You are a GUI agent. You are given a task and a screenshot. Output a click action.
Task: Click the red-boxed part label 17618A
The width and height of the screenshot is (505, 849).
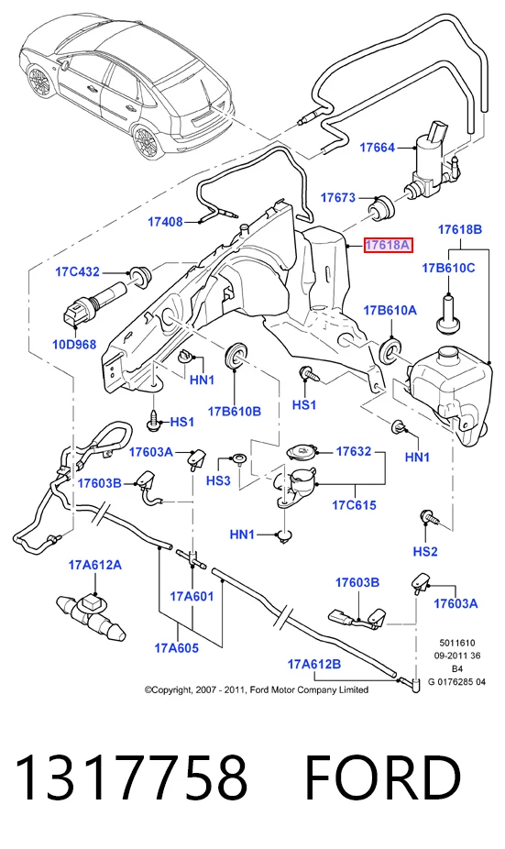pyautogui.click(x=388, y=246)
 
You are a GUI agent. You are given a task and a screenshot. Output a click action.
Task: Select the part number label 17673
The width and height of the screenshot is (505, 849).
pyautogui.click(x=338, y=198)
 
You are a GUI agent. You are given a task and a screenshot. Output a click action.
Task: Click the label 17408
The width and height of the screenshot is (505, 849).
pyautogui.click(x=165, y=222)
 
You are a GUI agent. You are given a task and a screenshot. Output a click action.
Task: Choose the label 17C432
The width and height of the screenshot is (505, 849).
pyautogui.click(x=77, y=271)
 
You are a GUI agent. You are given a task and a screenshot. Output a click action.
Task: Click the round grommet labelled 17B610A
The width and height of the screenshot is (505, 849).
pyautogui.click(x=390, y=349)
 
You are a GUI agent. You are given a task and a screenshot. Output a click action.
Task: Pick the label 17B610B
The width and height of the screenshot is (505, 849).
pyautogui.click(x=235, y=412)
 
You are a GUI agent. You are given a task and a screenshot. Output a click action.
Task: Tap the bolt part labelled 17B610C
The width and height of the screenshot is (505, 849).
pyautogui.click(x=449, y=314)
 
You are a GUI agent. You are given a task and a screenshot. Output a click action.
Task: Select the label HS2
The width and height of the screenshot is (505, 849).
pyautogui.click(x=425, y=552)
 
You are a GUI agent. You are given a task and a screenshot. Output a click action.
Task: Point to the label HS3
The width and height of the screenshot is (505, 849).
pyautogui.click(x=218, y=480)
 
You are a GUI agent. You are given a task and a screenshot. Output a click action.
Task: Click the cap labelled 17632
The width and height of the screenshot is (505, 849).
pyautogui.click(x=302, y=452)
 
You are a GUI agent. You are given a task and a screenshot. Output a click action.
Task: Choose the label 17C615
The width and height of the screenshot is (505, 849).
pyautogui.click(x=354, y=505)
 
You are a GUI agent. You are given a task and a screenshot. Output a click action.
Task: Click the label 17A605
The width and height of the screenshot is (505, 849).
pyautogui.click(x=177, y=648)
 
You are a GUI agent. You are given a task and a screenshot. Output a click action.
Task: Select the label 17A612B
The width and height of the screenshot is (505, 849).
pyautogui.click(x=314, y=664)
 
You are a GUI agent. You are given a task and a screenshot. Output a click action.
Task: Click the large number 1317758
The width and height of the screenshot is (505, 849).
pyautogui.click(x=132, y=778)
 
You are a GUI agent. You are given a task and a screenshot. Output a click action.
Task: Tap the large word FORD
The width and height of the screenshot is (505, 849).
pyautogui.click(x=383, y=778)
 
